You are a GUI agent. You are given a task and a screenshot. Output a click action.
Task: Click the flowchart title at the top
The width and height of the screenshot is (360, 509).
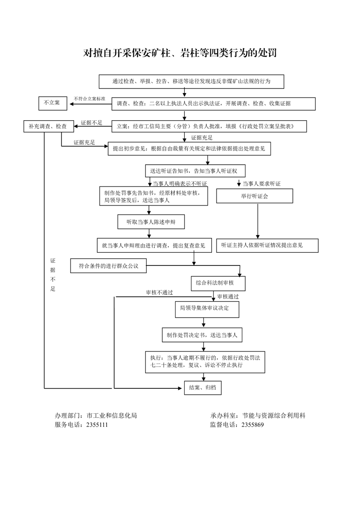(x=180, y=53)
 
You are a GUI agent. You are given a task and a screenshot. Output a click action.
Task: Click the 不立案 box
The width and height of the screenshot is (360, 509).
(x=52, y=103)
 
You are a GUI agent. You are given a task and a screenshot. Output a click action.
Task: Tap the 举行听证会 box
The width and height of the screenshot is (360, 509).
(x=254, y=196)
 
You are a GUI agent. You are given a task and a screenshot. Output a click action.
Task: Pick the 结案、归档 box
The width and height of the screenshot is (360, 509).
(x=202, y=387)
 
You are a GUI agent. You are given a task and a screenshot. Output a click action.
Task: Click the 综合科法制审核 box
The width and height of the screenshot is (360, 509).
(x=218, y=283)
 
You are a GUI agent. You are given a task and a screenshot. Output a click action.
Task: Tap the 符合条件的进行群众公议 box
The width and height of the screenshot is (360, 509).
(x=108, y=266)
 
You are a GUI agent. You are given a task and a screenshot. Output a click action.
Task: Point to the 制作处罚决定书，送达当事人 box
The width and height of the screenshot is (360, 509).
(x=202, y=335)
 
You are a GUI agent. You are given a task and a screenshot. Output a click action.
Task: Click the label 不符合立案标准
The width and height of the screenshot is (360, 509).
(x=89, y=98)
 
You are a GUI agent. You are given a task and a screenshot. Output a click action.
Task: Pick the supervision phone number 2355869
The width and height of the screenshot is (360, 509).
(x=252, y=425)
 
